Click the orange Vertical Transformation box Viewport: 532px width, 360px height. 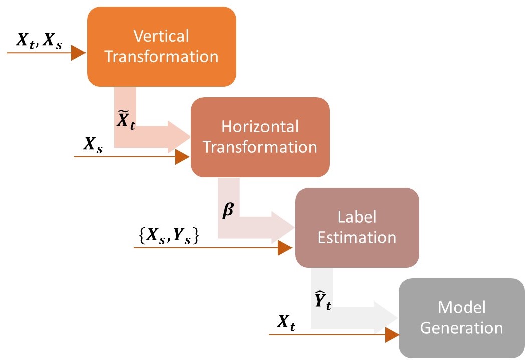pyautogui.click(x=161, y=47)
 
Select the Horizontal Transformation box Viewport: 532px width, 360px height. pyautogui.click(x=259, y=137)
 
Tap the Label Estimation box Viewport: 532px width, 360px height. pyautogui.click(x=357, y=227)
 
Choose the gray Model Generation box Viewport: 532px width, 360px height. pyautogui.click(x=461, y=318)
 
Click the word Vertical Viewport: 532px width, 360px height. pyautogui.click(x=161, y=36)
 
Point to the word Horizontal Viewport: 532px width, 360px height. pyautogui.click(x=260, y=126)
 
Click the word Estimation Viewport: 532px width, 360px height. pyautogui.click(x=357, y=237)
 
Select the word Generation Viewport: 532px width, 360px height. pyautogui.click(x=461, y=328)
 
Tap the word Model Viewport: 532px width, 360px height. pyautogui.click(x=461, y=307)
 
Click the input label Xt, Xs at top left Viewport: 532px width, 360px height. pyautogui.click(x=40, y=41)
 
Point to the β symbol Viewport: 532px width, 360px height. pyautogui.click(x=228, y=210)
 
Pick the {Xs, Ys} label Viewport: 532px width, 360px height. pyautogui.click(x=169, y=236)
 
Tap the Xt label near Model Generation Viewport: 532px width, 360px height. pyautogui.click(x=286, y=325)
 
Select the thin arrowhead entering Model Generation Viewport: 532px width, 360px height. pyautogui.click(x=391, y=334)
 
